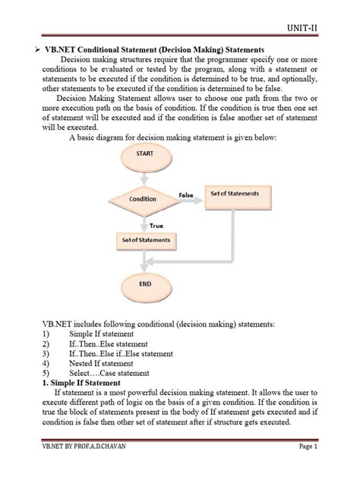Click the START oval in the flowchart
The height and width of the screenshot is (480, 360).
click(x=144, y=153)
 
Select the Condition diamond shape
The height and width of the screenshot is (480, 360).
click(x=144, y=199)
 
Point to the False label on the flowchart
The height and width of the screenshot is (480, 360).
click(x=186, y=195)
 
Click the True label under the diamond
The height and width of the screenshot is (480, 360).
click(x=156, y=225)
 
